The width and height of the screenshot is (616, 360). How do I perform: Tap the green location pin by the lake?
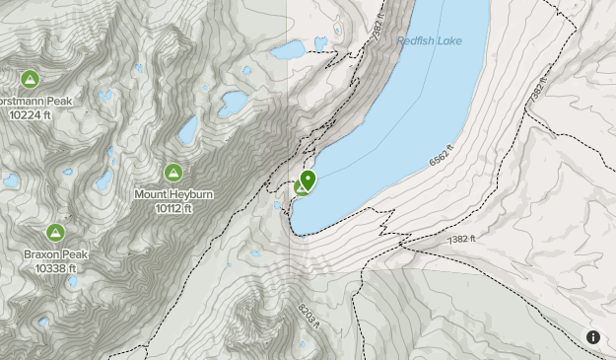tap(308, 180)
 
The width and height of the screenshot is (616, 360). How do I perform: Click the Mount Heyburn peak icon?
tap(173, 173)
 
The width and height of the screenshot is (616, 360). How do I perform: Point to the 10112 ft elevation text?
tap(173, 208)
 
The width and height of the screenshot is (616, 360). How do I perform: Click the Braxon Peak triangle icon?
tap(56, 233)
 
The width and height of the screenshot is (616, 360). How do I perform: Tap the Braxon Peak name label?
tap(56, 254)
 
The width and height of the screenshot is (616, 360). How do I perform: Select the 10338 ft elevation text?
tap(56, 267)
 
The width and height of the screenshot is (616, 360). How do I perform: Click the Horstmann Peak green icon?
tap(30, 79)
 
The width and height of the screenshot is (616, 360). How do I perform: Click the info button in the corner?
tap(593, 337)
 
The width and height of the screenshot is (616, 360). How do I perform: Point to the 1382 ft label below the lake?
tap(460, 239)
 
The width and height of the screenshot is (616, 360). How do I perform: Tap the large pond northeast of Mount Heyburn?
tap(234, 103)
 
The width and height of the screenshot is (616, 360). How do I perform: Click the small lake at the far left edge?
tap(11, 181)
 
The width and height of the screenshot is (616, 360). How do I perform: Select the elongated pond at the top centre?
tap(288, 48)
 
